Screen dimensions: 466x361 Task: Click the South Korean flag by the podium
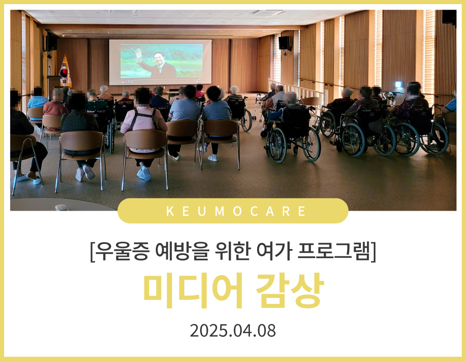tap(65, 71)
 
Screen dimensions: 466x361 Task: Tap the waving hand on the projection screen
tap(138, 54)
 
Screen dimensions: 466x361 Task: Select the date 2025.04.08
tap(233, 330)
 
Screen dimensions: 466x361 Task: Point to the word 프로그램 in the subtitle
tap(334, 251)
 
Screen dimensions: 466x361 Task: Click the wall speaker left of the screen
tap(51, 43)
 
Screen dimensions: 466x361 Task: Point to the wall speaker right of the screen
tap(284, 43)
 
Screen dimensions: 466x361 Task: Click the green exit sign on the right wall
tap(398, 85)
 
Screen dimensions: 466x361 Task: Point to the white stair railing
tap(297, 90)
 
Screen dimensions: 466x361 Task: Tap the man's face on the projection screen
tap(159, 58)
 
